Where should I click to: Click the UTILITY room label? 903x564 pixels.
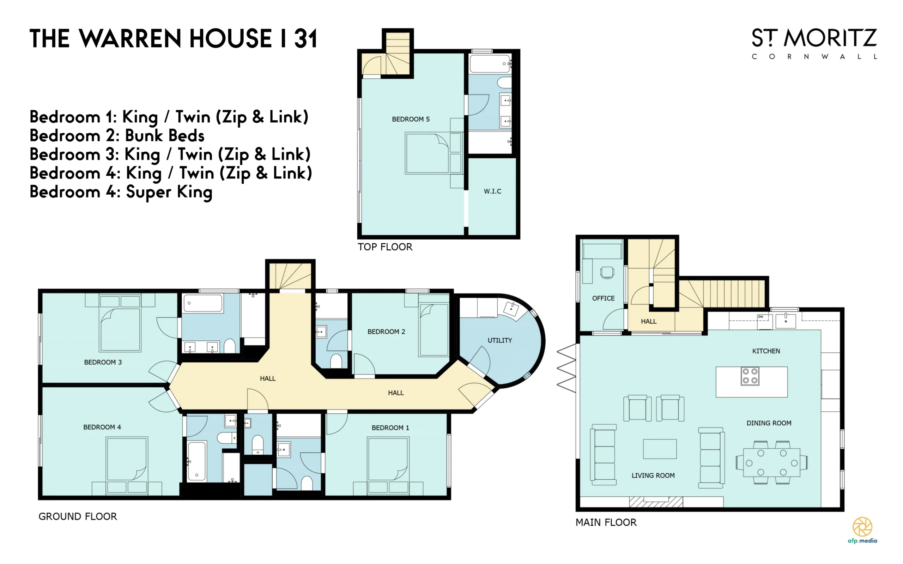(x=499, y=340)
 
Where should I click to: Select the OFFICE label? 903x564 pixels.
(x=603, y=298)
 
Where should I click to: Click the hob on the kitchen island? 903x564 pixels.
(x=750, y=376)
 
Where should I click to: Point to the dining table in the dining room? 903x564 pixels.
(x=772, y=462)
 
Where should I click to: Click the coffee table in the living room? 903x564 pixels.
(x=660, y=449)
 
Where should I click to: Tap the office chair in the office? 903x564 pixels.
(x=607, y=272)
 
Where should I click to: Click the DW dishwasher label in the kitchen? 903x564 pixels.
(x=760, y=317)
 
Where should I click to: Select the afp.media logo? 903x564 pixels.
(x=862, y=530)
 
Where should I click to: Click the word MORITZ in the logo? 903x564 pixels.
(x=830, y=38)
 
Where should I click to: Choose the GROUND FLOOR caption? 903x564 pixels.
(x=78, y=516)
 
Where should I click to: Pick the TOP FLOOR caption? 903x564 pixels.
(x=385, y=247)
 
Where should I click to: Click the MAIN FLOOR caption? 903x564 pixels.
(x=606, y=522)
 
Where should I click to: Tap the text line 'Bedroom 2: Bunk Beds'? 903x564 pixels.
(x=117, y=135)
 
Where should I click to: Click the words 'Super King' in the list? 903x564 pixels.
(x=169, y=192)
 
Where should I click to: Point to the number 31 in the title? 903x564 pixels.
(x=305, y=38)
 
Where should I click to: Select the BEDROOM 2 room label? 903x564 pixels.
(x=386, y=332)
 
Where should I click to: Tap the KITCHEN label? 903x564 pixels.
(x=766, y=351)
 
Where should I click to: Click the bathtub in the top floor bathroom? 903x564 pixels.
(x=490, y=64)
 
